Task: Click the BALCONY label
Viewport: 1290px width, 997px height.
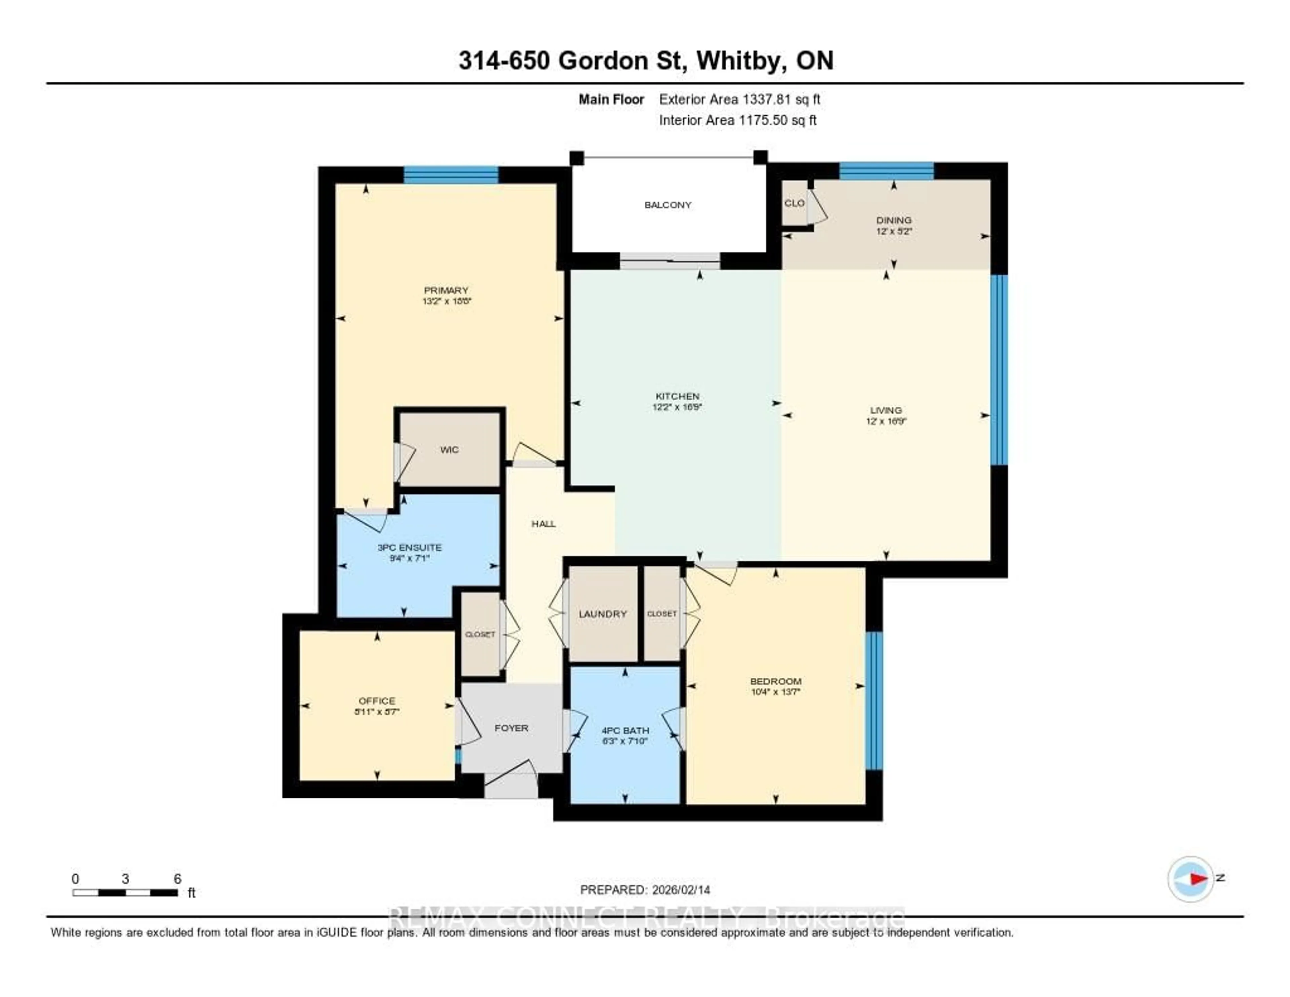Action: [x=668, y=205]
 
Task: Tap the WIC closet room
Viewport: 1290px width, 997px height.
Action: [x=449, y=450]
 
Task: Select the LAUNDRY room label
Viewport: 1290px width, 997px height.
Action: [x=602, y=614]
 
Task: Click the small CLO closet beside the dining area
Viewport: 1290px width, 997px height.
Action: [x=794, y=203]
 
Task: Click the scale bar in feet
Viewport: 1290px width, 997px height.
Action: [x=125, y=892]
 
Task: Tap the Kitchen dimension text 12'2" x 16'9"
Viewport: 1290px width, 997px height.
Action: [x=677, y=407]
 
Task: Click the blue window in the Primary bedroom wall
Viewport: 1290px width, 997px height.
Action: [x=451, y=175]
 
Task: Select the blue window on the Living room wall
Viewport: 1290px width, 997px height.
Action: [x=998, y=369]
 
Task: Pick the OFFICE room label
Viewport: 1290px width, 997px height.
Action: [x=377, y=701]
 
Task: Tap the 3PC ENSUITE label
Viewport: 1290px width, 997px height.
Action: [x=409, y=547]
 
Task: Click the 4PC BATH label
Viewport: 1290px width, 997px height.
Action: [x=625, y=730]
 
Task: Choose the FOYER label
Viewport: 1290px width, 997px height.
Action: [x=511, y=728]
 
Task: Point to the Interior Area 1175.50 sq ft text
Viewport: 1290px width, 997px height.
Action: [x=738, y=120]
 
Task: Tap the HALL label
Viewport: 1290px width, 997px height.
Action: [x=544, y=524]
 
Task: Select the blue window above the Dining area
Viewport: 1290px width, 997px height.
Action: [x=886, y=171]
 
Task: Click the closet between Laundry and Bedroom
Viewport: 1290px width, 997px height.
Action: [x=661, y=614]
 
